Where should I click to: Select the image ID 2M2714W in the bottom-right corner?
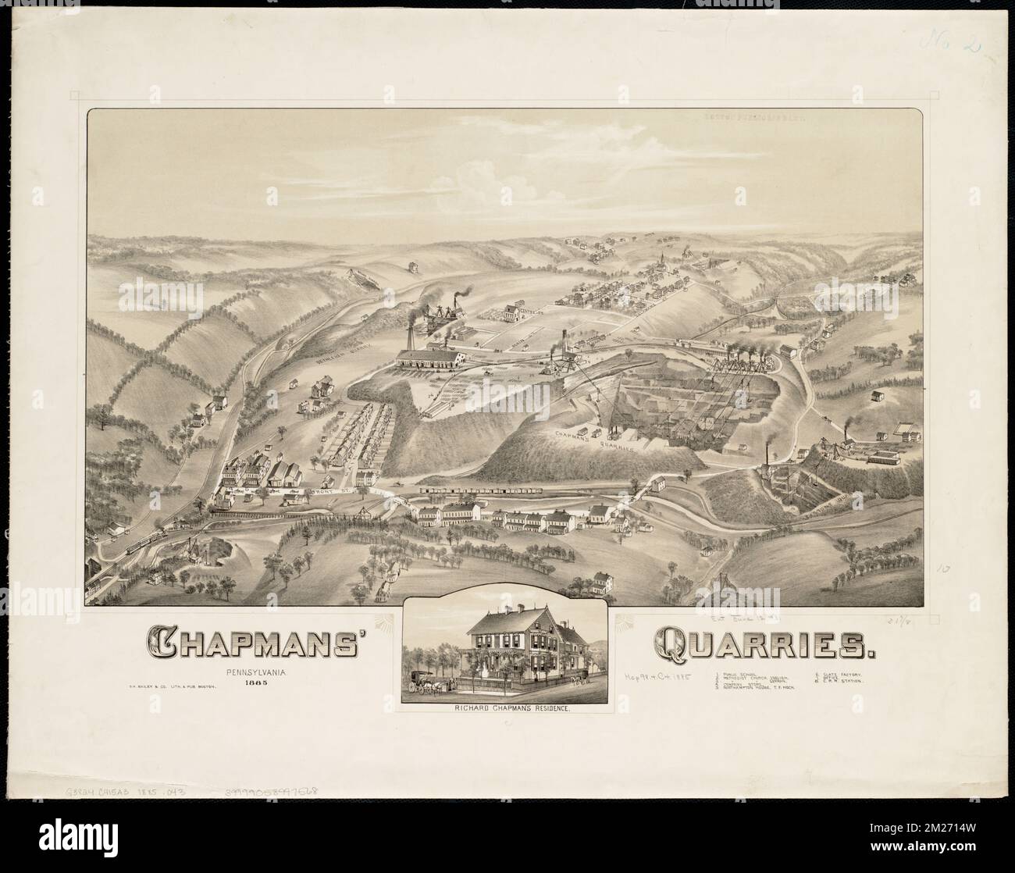[x=948, y=851]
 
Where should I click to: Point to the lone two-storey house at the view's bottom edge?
[x=604, y=583]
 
